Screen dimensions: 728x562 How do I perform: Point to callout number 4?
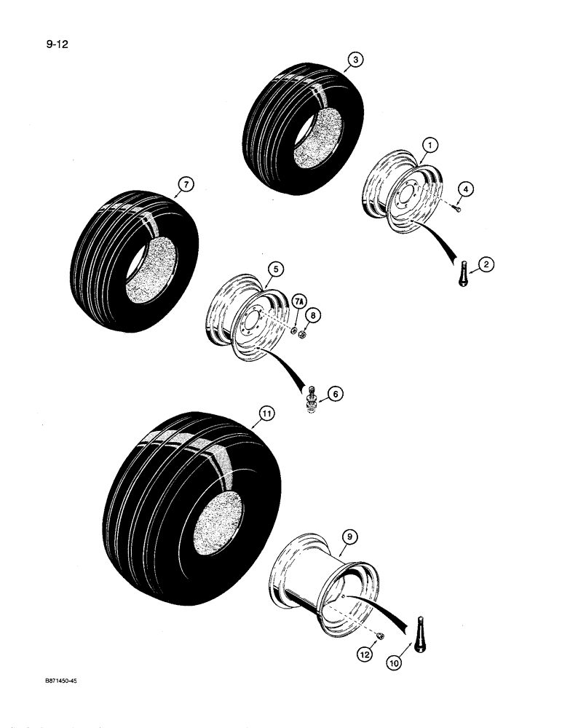(x=466, y=189)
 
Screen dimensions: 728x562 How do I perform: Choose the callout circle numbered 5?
(x=274, y=269)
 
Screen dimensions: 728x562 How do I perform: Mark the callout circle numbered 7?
(x=186, y=186)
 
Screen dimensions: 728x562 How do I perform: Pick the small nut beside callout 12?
(x=379, y=636)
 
